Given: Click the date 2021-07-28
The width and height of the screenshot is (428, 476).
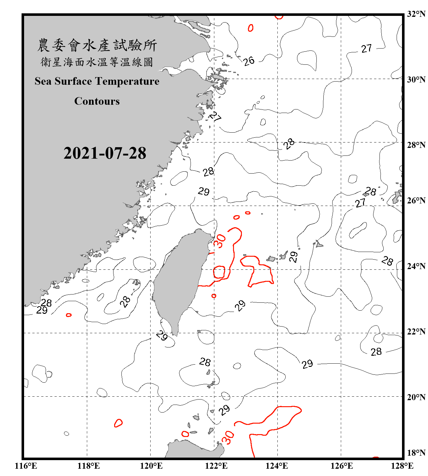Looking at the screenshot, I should click(x=105, y=153).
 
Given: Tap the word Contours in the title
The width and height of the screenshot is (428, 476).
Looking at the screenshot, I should click(x=97, y=101).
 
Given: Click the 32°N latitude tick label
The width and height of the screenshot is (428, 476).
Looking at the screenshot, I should click(x=416, y=14).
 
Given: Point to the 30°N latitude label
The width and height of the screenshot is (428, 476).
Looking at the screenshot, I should click(x=416, y=80).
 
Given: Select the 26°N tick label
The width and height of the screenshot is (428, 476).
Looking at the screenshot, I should click(x=416, y=201).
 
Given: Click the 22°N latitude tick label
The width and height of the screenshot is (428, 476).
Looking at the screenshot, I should click(x=416, y=332).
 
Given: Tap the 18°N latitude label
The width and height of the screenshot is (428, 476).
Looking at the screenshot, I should click(x=416, y=453).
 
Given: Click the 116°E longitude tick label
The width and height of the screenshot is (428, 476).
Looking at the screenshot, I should click(x=26, y=466).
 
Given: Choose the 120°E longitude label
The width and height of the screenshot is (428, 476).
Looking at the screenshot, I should click(x=151, y=466).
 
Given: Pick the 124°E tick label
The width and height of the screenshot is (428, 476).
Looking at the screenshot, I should click(x=277, y=466).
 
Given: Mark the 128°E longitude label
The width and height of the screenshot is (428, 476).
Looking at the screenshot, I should click(x=402, y=466).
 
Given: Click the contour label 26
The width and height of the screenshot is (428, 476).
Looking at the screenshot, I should click(x=249, y=61).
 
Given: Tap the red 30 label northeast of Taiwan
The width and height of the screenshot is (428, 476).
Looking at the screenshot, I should click(x=220, y=241).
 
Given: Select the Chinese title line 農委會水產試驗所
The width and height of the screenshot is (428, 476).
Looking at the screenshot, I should click(x=97, y=45).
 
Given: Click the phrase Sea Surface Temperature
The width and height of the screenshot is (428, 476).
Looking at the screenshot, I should click(x=97, y=81).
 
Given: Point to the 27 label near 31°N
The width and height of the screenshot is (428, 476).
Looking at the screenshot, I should click(x=366, y=49).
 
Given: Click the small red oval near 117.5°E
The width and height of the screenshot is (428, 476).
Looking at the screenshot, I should click(x=68, y=315).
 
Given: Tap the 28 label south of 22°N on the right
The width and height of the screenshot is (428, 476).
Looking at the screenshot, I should click(x=376, y=352).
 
